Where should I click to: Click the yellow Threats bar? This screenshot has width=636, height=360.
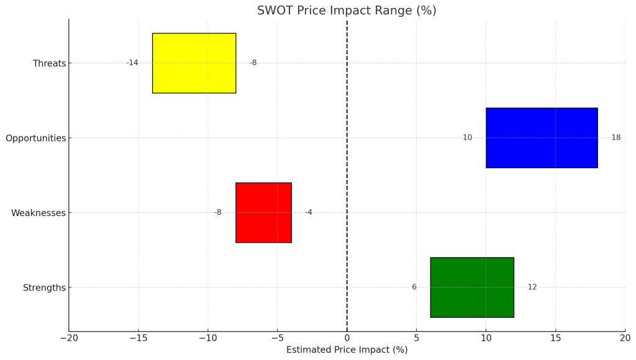(x=194, y=63)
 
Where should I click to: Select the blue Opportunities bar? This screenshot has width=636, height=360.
(x=542, y=138)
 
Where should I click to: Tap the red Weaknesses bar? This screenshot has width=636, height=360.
(x=263, y=212)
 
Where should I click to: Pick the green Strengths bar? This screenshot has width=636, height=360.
(x=472, y=287)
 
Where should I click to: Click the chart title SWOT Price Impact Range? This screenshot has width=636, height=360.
(x=347, y=11)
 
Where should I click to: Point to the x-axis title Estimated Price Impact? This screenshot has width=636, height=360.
(x=347, y=350)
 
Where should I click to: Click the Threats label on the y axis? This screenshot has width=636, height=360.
(x=49, y=63)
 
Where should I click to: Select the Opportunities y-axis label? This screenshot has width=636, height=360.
(x=35, y=138)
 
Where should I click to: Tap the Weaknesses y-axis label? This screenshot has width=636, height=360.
(x=38, y=213)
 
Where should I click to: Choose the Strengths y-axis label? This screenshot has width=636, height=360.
(x=44, y=288)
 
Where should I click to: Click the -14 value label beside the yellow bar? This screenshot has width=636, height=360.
(x=132, y=63)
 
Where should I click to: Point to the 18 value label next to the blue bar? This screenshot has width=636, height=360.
(x=616, y=138)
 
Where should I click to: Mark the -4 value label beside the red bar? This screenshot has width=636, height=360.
(x=309, y=212)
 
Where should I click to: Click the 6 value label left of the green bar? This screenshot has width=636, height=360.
(x=414, y=287)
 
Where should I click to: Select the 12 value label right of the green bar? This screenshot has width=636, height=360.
(x=532, y=287)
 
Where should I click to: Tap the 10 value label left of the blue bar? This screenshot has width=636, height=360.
(x=467, y=138)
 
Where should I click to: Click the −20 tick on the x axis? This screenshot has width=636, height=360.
(x=69, y=338)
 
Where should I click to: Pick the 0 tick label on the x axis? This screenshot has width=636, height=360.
(x=347, y=338)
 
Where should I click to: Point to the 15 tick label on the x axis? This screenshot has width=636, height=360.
(x=555, y=338)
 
